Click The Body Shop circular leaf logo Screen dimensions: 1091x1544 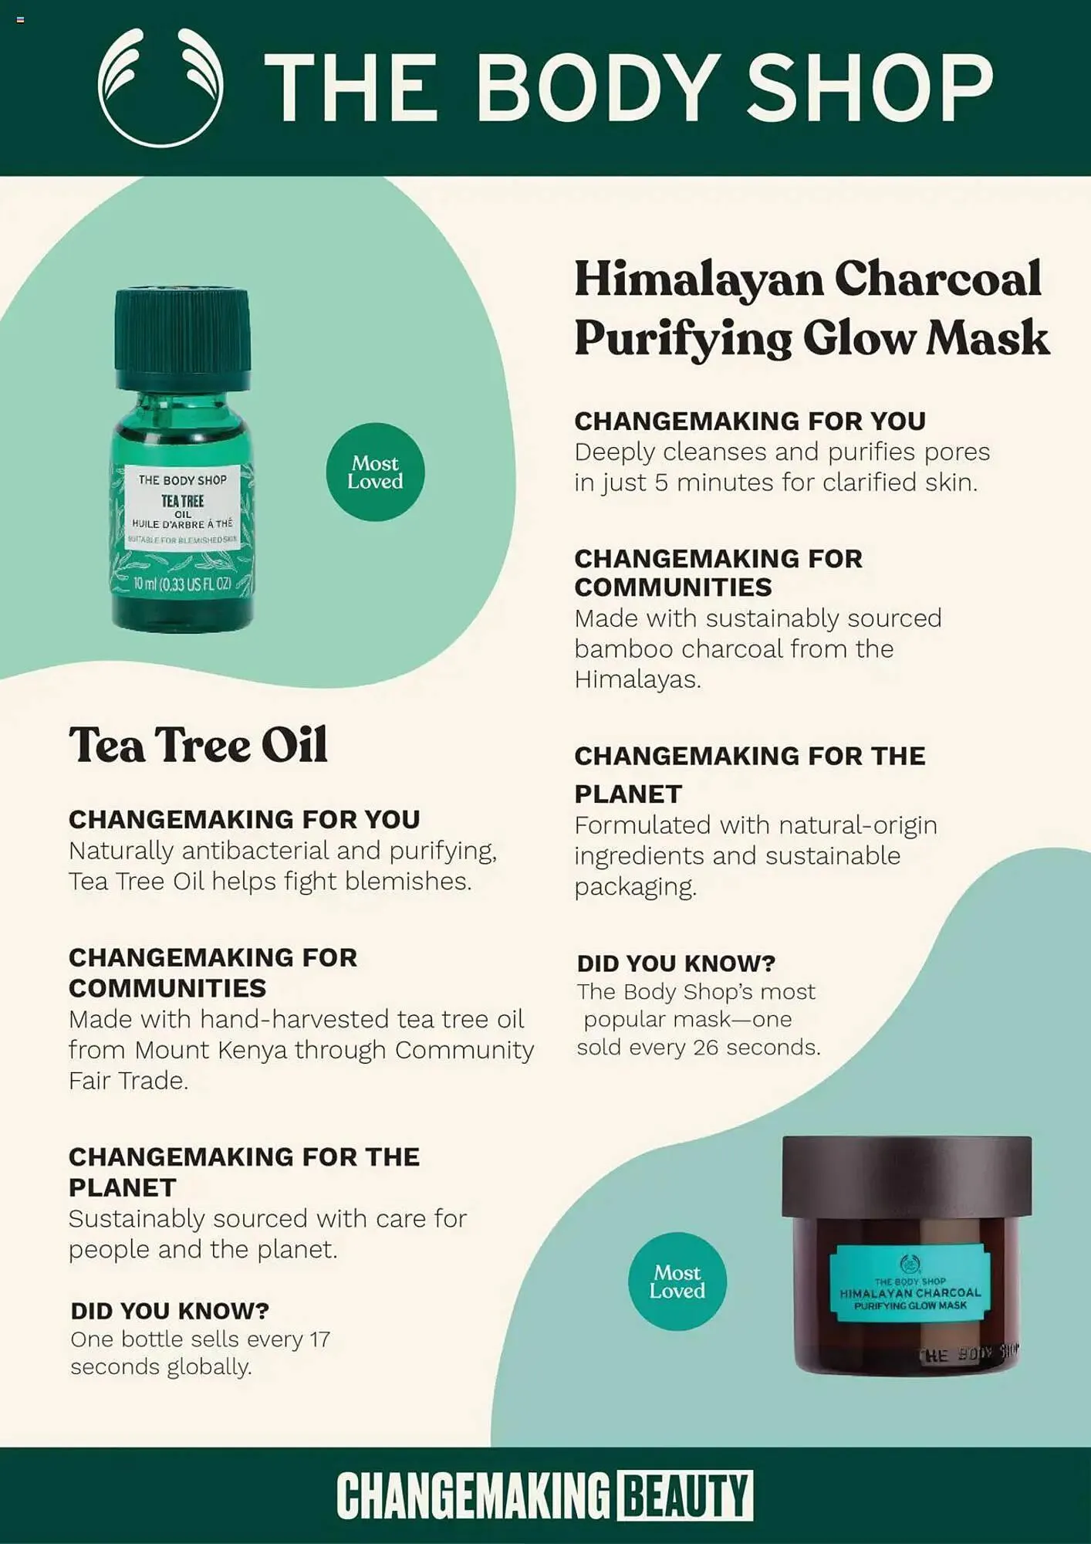point(160,86)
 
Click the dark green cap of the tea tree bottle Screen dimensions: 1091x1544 point(182,340)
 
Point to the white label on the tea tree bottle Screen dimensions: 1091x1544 point(183,507)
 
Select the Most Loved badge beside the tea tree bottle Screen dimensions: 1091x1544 point(375,472)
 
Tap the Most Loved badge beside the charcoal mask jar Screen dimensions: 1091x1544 point(677,1281)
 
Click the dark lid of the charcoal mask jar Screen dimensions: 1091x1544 point(907,1176)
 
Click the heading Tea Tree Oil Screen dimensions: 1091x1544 point(198,745)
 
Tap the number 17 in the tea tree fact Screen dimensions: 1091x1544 point(320,1339)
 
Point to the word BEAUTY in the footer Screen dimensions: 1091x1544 point(684,1495)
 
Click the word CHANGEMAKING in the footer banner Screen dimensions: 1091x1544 point(474,1495)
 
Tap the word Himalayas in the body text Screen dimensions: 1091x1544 point(638,679)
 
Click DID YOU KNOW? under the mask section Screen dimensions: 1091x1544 point(676,963)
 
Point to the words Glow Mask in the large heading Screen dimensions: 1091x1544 point(927,338)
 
